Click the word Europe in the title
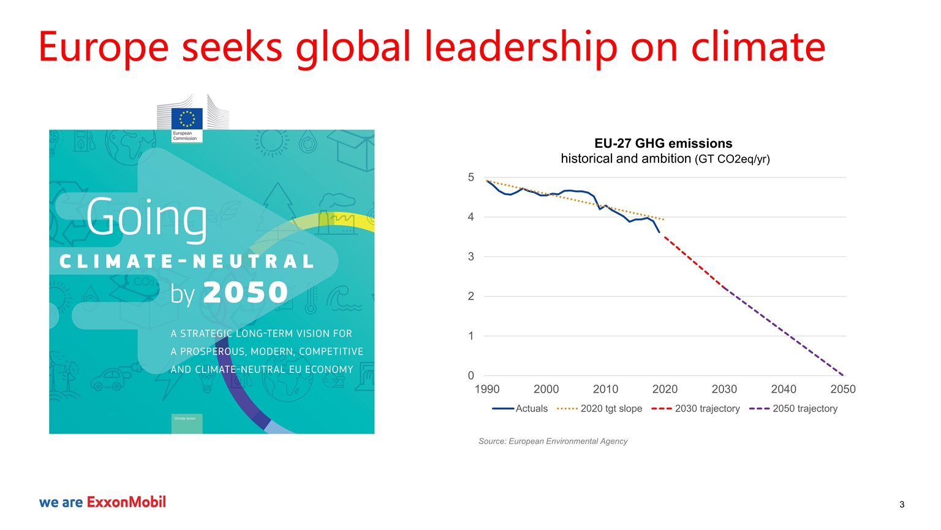pos(103,47)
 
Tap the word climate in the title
pos(758,47)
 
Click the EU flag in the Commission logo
pos(186,118)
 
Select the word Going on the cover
pos(146,218)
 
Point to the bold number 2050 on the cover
pos(245,293)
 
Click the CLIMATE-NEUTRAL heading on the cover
pos(187,262)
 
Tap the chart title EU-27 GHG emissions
pos(663,144)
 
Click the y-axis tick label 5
pos(470,177)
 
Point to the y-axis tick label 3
pos(470,256)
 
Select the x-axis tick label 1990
pos(487,389)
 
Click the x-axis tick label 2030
pos(724,389)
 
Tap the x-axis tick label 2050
pos(842,389)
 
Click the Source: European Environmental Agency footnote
pos(553,441)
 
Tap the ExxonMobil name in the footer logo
pos(126,502)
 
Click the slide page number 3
pos(902,505)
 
